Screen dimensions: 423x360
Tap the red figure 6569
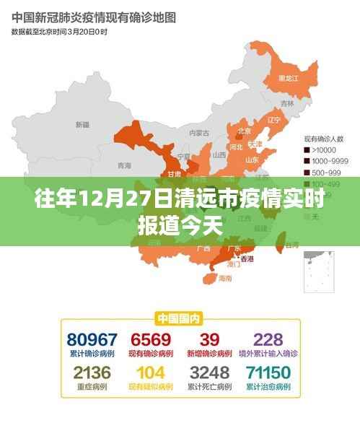click(151, 339)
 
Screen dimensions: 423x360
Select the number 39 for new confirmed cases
click(209, 339)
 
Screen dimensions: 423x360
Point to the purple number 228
click(268, 339)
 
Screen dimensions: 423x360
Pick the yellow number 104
click(151, 372)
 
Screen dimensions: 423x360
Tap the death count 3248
click(209, 372)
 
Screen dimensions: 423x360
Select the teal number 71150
click(268, 372)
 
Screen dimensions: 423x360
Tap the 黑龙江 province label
click(288, 78)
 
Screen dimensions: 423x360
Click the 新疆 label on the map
click(82, 124)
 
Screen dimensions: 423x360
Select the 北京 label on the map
click(244, 131)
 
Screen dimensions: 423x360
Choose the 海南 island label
click(225, 277)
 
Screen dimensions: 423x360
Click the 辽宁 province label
click(273, 120)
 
